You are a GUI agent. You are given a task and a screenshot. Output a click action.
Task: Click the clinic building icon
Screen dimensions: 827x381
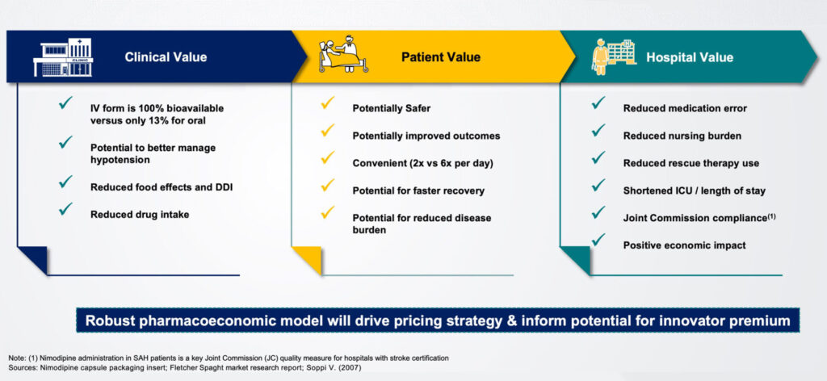tap(63, 57)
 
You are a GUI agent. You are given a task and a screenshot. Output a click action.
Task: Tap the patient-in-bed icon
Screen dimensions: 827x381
tap(342, 54)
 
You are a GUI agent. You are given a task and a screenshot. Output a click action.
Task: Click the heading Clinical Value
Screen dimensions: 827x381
tap(166, 57)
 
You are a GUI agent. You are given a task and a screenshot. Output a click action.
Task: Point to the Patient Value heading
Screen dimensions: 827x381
tap(441, 57)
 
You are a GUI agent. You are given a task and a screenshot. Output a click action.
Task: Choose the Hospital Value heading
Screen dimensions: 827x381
tap(690, 57)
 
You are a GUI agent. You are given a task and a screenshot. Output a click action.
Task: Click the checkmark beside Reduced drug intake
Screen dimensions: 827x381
tap(65, 209)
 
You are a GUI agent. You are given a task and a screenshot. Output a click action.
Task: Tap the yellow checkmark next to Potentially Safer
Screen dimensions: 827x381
tap(328, 103)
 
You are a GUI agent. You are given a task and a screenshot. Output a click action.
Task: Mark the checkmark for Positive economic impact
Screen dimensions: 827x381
tap(598, 239)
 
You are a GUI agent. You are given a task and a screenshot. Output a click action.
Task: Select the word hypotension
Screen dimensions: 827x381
tap(120, 160)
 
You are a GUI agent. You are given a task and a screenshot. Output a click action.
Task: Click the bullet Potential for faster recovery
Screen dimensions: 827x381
tap(418, 190)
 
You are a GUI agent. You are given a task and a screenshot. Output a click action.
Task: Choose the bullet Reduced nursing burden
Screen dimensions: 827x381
tap(682, 136)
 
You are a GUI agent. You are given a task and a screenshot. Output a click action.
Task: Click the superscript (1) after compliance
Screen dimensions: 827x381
tap(771, 216)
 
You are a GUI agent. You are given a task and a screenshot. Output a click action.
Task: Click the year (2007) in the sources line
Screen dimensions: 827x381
tap(351, 367)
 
